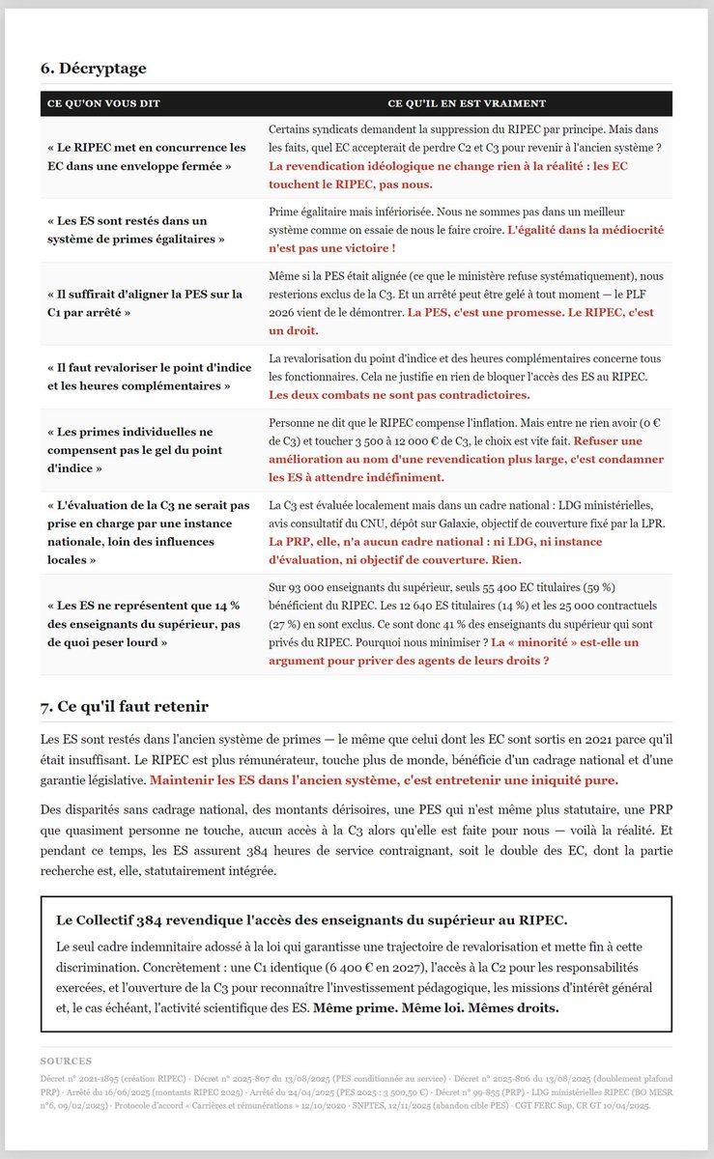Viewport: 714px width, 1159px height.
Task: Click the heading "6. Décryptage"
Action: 93,69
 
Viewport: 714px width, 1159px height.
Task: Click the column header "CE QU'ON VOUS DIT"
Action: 103,103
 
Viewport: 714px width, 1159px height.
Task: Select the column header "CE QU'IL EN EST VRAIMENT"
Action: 467,103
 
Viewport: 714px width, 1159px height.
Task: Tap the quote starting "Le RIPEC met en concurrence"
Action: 146,156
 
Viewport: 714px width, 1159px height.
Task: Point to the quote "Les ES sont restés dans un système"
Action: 135,230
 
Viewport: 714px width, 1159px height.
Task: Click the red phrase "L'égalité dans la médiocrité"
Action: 589,230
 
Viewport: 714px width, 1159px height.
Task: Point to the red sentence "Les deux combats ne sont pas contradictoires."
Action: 399,395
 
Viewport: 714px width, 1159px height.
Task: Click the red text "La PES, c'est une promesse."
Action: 486,313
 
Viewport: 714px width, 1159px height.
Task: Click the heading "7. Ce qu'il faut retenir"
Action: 124,707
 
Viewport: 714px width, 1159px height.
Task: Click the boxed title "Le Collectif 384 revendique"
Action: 311,919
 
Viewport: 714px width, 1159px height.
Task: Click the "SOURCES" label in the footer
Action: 66,1060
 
